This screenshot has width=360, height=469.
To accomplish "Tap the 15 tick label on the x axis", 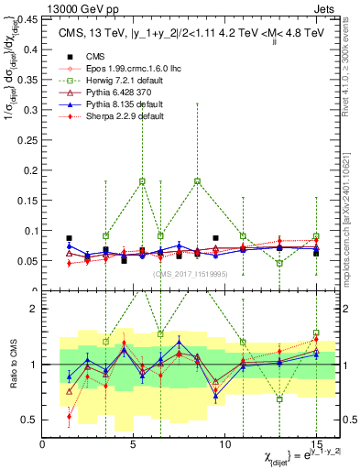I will [x=316, y=445].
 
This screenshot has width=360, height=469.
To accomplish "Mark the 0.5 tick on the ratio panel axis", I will [x=29, y=420].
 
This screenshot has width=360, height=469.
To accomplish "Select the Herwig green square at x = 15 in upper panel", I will [x=316, y=236].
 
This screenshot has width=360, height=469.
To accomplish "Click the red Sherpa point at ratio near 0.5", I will [x=70, y=416].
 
